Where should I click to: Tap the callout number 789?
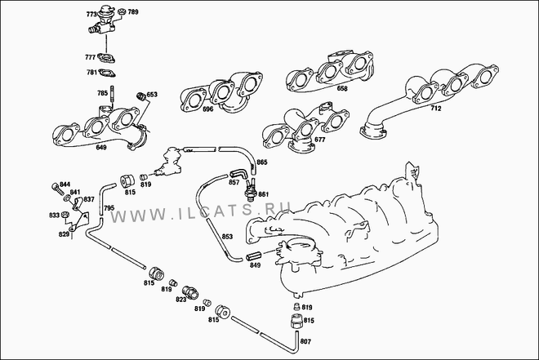tap(133, 12)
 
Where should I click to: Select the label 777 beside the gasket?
tap(91, 56)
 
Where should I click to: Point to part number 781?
tap(92, 72)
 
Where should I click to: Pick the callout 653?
tap(152, 95)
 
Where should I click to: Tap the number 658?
tap(341, 88)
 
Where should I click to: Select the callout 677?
tap(319, 140)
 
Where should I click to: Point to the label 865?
tap(262, 162)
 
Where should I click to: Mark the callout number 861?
tap(264, 193)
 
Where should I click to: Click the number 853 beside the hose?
tap(228, 237)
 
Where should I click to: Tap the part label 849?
tap(254, 265)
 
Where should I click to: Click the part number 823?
tap(180, 300)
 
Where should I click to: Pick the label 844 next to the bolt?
tap(65, 184)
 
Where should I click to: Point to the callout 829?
tap(63, 234)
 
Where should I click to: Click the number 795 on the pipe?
tap(109, 209)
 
